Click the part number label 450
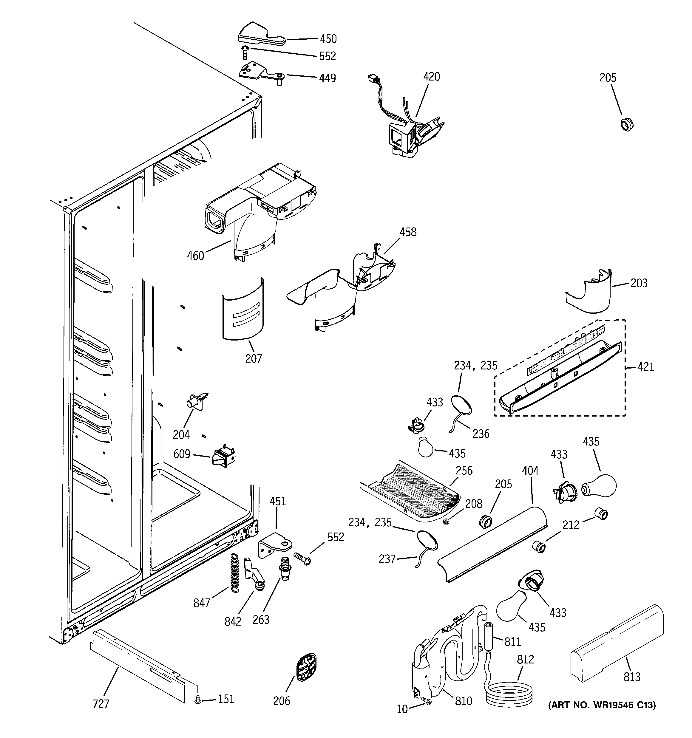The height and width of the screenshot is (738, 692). point(328,38)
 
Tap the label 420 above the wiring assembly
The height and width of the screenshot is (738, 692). point(431,77)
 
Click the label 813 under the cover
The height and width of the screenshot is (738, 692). point(631,677)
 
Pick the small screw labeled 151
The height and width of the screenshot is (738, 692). point(198,700)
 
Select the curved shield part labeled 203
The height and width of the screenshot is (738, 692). point(591,293)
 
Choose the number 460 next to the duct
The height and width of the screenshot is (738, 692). point(195,256)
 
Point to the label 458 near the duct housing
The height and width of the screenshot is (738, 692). point(408,232)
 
